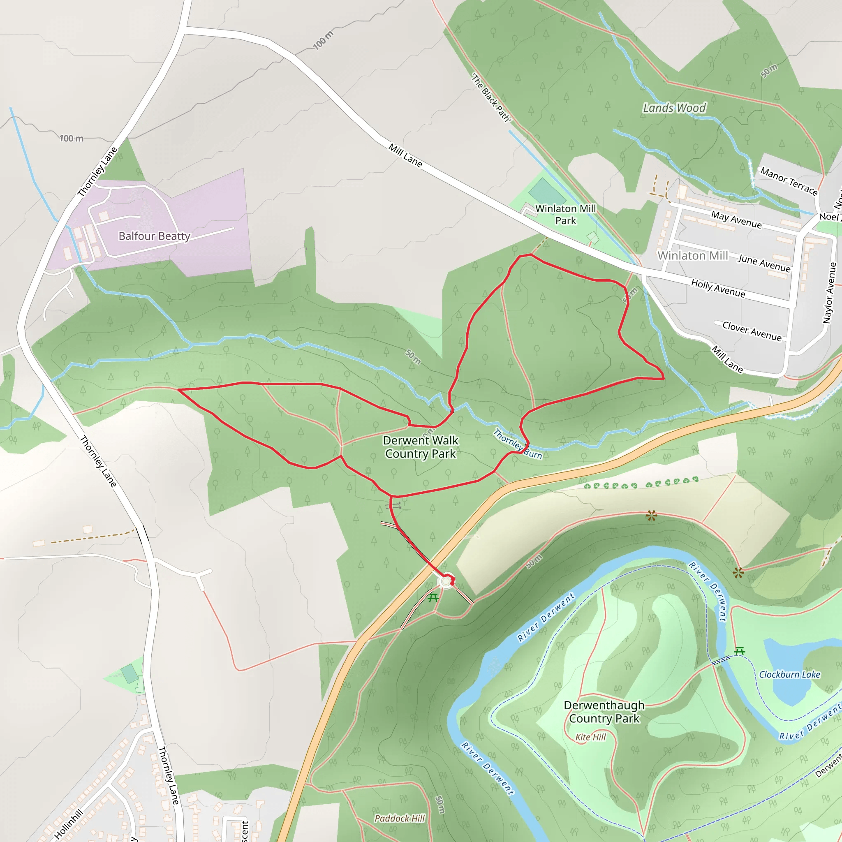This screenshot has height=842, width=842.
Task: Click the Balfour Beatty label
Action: click(x=154, y=236)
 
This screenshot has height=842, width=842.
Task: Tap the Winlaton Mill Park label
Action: click(x=565, y=215)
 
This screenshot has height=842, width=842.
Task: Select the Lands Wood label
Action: click(x=674, y=108)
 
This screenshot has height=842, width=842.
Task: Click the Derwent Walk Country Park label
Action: click(x=421, y=447)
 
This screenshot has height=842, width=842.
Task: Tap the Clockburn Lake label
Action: click(x=789, y=675)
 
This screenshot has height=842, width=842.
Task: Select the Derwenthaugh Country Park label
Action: click(x=604, y=712)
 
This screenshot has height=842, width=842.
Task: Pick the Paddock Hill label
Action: click(x=399, y=819)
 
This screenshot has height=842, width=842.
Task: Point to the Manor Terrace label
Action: click(x=789, y=181)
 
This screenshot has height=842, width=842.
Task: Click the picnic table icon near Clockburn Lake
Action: click(x=739, y=652)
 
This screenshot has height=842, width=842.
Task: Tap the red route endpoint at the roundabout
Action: click(x=452, y=582)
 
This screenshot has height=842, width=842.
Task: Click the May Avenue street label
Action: click(x=736, y=220)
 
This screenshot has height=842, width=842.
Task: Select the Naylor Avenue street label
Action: click(x=829, y=293)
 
